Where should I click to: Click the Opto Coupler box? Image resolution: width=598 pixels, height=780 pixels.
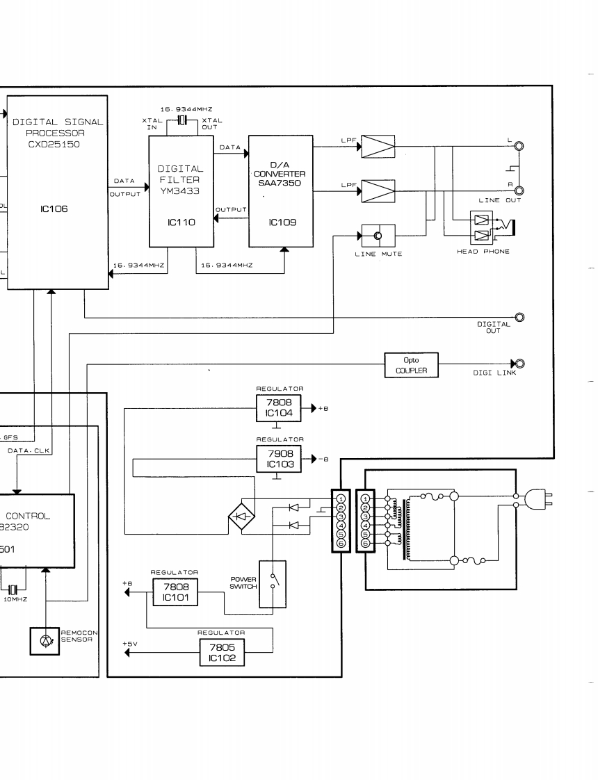click(x=411, y=364)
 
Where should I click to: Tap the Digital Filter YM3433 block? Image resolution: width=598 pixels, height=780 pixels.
click(x=181, y=191)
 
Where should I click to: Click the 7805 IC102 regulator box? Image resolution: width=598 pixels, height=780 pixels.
click(x=221, y=652)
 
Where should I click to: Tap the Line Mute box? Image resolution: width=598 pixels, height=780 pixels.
click(x=378, y=236)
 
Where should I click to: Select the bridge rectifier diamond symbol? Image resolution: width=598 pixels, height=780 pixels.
click(x=242, y=515)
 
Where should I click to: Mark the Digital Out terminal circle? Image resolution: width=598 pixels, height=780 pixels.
click(x=519, y=317)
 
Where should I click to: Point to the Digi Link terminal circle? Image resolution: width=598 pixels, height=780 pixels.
click(x=519, y=364)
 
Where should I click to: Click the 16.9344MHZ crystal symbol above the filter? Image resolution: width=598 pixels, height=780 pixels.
click(x=183, y=122)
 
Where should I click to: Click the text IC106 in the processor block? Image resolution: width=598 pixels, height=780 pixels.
click(x=54, y=207)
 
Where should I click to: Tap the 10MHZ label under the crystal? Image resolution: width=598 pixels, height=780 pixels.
click(x=14, y=599)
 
